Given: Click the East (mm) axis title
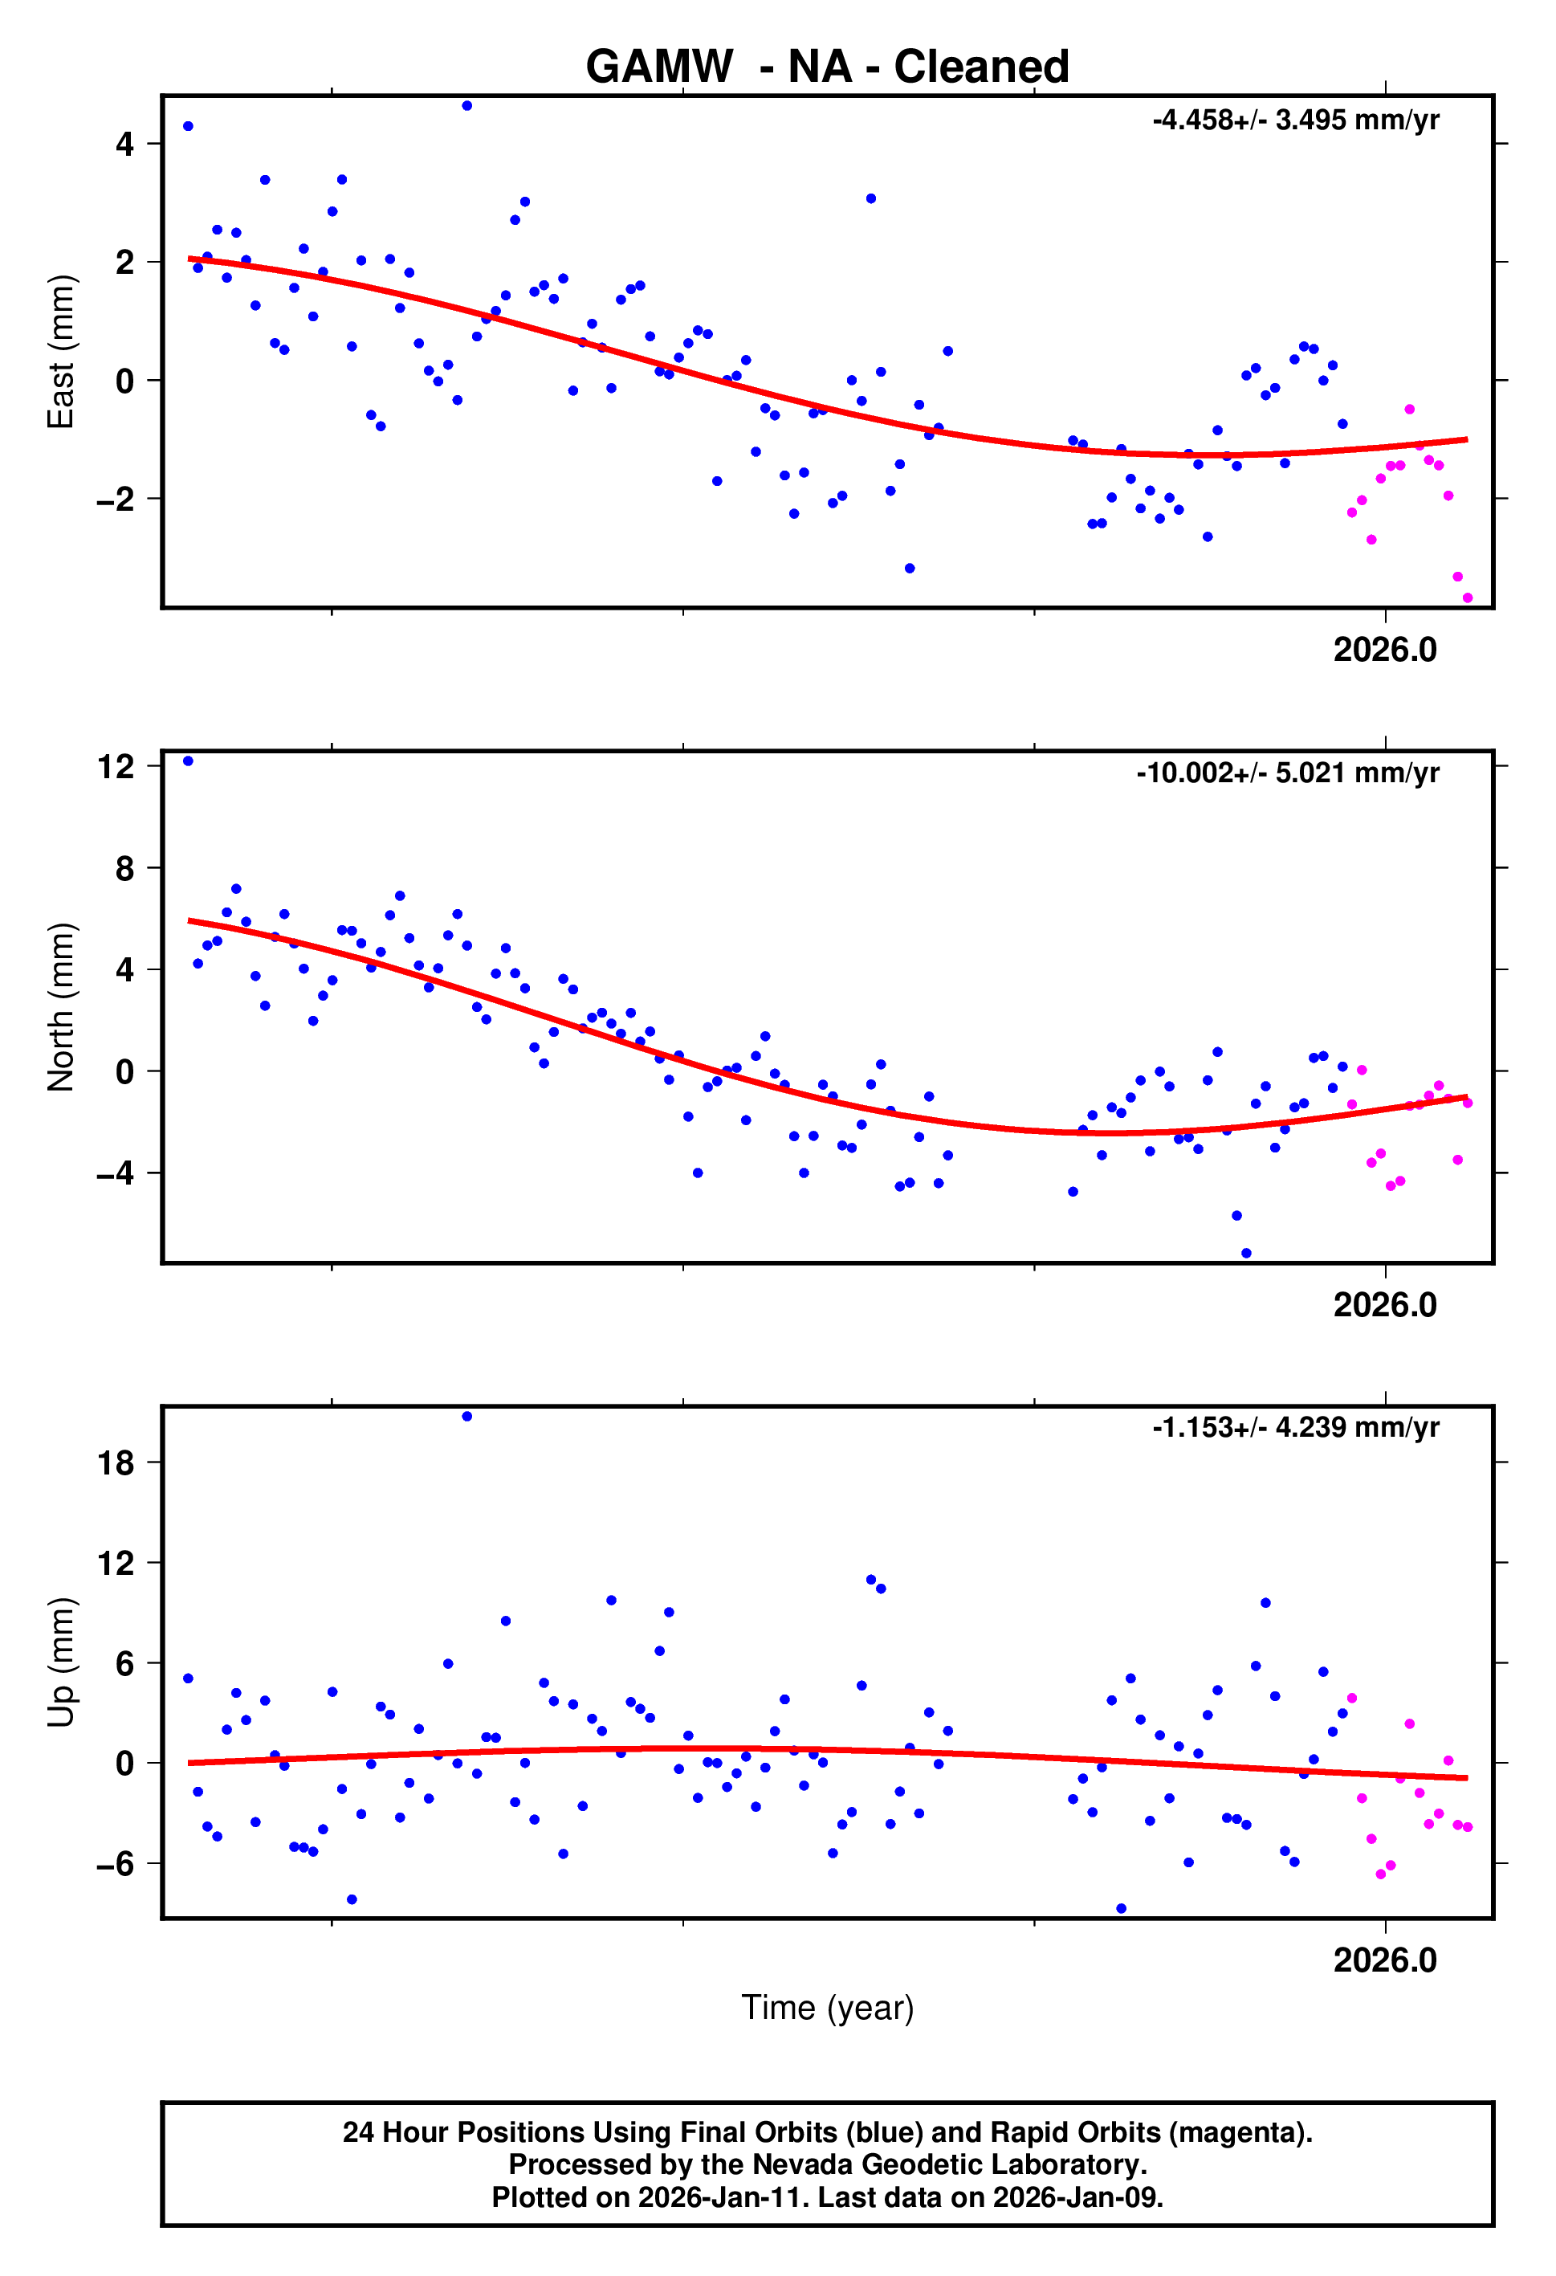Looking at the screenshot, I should click(61, 352).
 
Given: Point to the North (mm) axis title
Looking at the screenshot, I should click(61, 1007).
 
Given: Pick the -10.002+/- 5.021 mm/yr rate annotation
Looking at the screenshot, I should click(1287, 773).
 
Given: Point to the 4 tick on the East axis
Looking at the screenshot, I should click(124, 145).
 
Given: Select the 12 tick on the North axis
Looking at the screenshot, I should click(116, 767).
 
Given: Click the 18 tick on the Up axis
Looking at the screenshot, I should click(116, 1463).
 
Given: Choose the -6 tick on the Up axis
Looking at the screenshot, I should click(116, 1864).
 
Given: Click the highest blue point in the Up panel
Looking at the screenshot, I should click(466, 1416).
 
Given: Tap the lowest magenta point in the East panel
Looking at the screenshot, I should click(1466, 598).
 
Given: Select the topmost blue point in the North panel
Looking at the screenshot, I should click(188, 761).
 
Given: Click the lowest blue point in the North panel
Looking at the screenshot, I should click(1245, 1254).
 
